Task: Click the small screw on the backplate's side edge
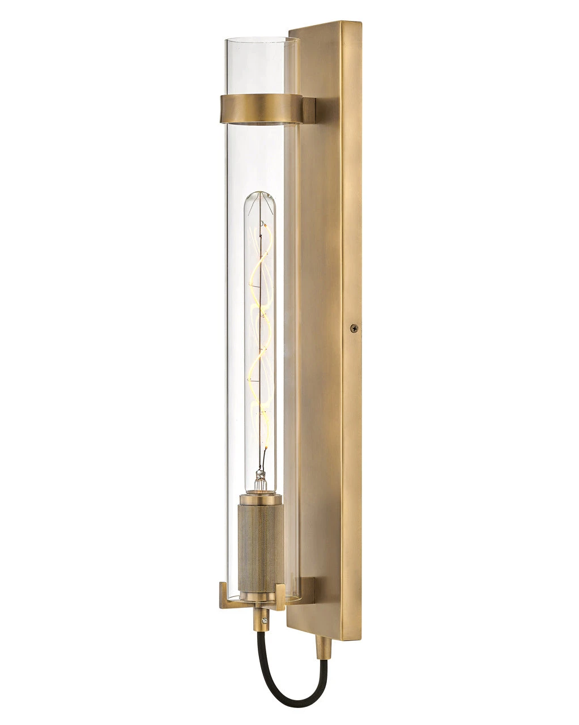[x=355, y=327]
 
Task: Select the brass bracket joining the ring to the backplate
[x=308, y=110]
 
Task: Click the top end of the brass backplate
[x=324, y=25]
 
